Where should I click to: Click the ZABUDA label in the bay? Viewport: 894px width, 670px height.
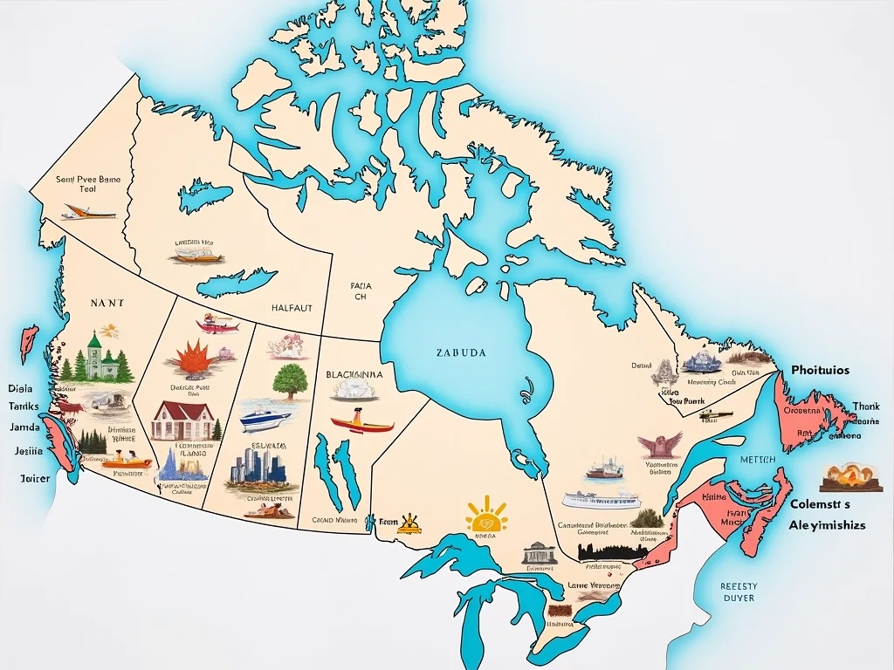460,353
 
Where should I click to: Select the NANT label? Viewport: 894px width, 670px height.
107,303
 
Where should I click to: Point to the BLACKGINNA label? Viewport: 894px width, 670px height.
354,374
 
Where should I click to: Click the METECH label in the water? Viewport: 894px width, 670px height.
756,459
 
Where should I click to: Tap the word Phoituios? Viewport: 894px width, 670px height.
820,370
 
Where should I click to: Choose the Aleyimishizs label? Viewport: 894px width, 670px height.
827,525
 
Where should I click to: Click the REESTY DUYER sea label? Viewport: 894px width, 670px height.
738,592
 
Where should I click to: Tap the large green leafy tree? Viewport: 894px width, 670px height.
289,381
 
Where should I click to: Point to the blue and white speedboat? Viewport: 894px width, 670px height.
265,418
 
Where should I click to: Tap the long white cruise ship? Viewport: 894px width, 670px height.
601,500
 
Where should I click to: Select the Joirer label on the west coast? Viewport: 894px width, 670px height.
36,478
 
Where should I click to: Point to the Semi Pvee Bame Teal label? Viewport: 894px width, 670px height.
88,183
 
